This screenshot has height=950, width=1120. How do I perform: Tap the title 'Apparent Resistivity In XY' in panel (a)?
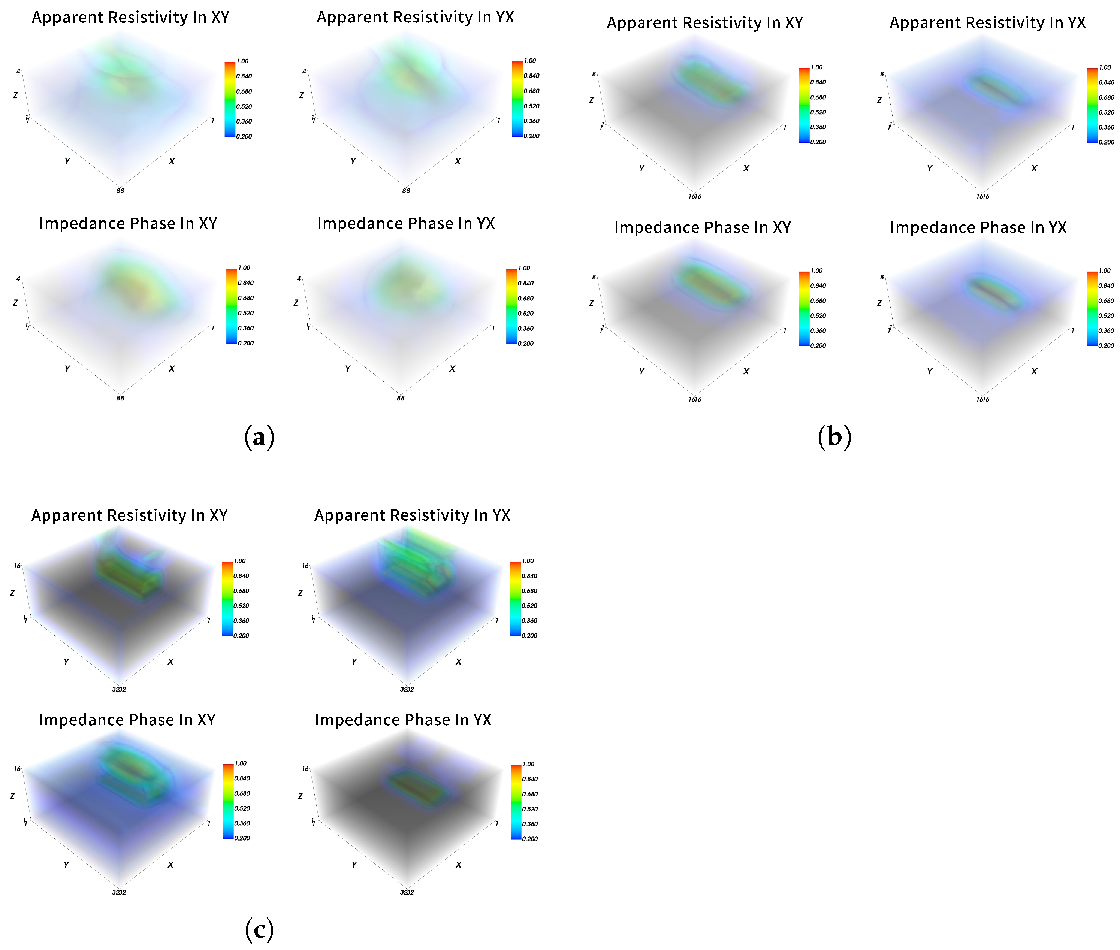coord(130,17)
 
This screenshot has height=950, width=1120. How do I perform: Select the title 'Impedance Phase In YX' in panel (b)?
coord(978,227)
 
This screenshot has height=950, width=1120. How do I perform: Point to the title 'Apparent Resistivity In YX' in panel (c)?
coord(412,515)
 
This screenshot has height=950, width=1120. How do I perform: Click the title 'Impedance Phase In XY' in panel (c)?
coord(127,720)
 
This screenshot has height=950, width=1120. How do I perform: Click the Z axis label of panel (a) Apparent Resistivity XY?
coord(15,95)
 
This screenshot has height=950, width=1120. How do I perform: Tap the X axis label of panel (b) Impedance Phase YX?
coord(1034,371)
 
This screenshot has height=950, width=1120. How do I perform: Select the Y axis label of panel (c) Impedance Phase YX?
coord(354,864)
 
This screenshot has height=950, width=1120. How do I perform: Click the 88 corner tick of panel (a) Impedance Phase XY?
coord(120,398)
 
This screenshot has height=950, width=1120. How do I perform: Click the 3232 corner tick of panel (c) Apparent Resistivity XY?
coord(119,689)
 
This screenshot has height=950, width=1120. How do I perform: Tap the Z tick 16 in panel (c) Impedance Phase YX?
coord(305,769)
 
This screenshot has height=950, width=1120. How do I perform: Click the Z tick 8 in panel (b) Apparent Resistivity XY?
coord(594,74)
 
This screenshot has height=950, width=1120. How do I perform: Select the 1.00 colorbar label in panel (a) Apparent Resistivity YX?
coord(530,61)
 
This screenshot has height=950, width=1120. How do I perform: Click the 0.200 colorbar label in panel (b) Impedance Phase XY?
coord(818,345)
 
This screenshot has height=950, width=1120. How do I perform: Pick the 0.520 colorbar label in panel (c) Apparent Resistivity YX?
coord(529,606)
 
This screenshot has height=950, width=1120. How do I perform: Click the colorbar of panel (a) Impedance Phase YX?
coord(511,306)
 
